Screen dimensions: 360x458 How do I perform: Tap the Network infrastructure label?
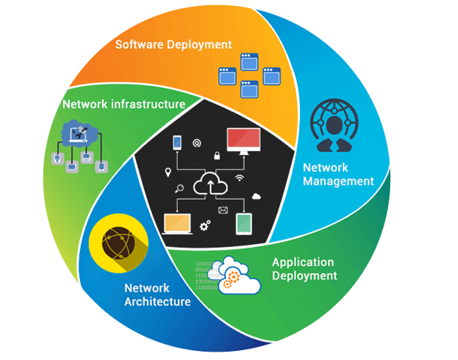124,104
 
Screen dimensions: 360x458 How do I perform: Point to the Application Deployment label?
305,268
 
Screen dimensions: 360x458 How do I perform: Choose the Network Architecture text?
156,295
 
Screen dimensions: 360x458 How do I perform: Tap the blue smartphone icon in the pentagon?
177,142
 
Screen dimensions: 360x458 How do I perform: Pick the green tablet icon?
244,223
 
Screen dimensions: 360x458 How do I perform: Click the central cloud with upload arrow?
209,184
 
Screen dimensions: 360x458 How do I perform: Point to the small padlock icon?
217,156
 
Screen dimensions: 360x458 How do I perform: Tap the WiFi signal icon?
240,177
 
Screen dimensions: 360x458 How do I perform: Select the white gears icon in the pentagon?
205,225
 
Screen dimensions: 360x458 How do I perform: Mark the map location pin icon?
168,172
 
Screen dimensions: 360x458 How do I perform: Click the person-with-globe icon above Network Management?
334,128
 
